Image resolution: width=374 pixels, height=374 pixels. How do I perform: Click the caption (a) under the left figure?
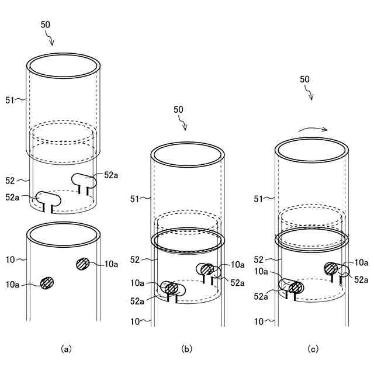click(66, 349)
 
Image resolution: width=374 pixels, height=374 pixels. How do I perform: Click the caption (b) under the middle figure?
click(186, 349)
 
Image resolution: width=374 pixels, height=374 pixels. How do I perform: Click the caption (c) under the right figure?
click(313, 349)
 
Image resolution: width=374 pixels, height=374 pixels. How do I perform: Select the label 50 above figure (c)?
click(304, 79)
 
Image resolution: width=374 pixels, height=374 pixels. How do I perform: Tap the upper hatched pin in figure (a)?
click(82, 264)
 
